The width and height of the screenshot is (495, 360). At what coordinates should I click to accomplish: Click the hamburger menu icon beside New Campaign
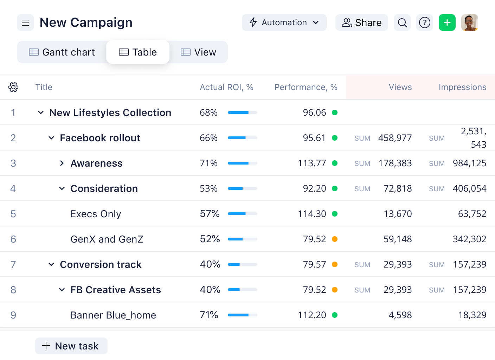[x=25, y=22]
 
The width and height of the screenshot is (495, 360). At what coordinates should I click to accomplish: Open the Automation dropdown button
[x=284, y=22]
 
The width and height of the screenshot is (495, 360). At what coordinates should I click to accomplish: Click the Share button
[x=361, y=22]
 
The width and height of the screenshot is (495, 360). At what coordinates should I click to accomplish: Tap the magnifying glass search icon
[x=402, y=22]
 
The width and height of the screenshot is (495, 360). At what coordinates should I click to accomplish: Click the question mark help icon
[x=424, y=22]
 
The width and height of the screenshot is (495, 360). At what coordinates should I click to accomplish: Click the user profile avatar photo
[x=470, y=22]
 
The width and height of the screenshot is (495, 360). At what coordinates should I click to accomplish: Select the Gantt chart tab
[x=62, y=52]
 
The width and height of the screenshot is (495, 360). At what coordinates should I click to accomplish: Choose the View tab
[x=198, y=52]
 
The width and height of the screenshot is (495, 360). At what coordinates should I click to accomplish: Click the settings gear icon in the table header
[x=13, y=87]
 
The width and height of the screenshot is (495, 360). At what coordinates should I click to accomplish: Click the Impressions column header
[x=463, y=87]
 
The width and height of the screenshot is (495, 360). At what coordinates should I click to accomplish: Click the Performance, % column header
[x=306, y=87]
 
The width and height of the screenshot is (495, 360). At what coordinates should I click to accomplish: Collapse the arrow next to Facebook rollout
[x=51, y=138]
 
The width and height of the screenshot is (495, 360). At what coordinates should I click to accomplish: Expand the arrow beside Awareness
[x=62, y=163]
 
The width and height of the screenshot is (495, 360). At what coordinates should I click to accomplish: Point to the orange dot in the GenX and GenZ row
[x=335, y=239]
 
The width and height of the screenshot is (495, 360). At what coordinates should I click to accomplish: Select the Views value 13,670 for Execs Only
[x=398, y=214]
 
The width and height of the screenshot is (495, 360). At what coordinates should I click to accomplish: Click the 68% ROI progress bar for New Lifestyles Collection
[x=243, y=112]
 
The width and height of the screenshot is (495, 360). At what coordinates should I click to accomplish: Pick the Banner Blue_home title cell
[x=113, y=315]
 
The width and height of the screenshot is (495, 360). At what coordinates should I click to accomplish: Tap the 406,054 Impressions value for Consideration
[x=470, y=188]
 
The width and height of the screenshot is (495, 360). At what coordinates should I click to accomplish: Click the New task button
[x=71, y=346]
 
